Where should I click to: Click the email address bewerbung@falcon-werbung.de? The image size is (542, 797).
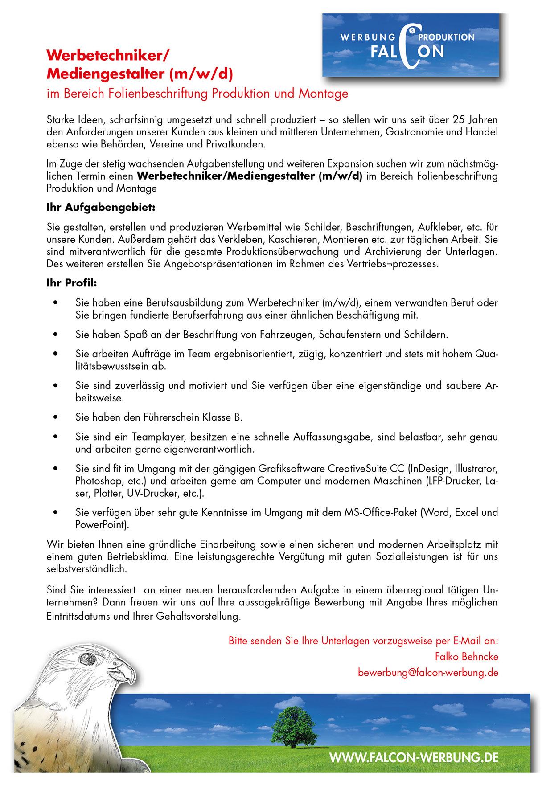(428, 673)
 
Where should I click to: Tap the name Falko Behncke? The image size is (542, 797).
(466, 657)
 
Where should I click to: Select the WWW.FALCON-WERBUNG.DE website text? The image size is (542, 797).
(414, 757)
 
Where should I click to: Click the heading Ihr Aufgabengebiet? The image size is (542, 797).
(101, 208)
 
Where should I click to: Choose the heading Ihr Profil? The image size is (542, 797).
(71, 283)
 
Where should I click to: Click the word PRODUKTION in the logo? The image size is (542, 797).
(446, 37)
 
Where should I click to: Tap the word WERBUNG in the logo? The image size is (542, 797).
(368, 37)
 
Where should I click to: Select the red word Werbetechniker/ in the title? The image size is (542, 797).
(108, 55)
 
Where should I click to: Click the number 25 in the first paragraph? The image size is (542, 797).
(459, 120)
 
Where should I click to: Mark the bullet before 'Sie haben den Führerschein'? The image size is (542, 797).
(56, 417)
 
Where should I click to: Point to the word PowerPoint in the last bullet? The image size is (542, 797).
(102, 525)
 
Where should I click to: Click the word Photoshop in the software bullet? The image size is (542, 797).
(99, 481)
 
